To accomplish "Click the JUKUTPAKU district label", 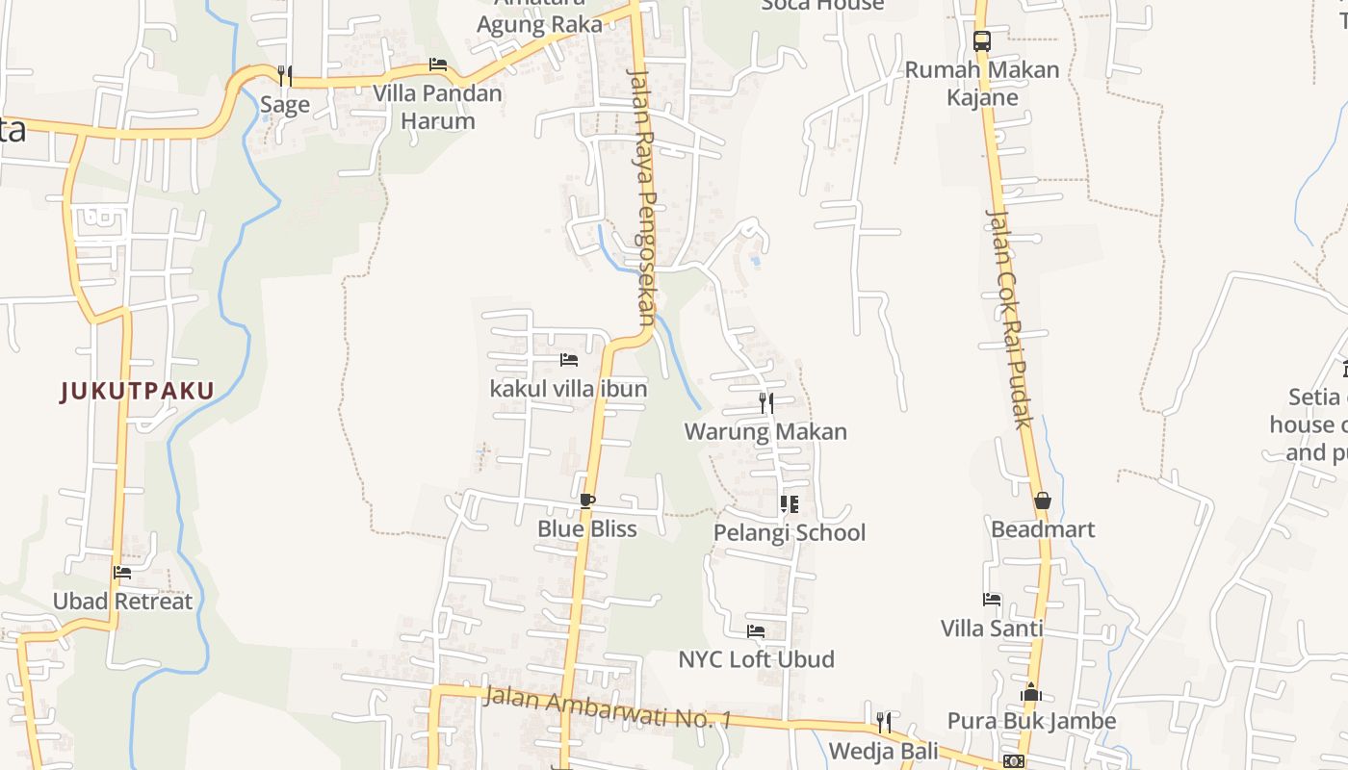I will click(137, 391).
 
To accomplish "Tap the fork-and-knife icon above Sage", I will click(285, 75).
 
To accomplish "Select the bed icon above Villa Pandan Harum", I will click(438, 65).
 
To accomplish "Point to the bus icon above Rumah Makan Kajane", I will click(982, 41).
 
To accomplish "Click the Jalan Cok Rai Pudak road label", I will click(1009, 318).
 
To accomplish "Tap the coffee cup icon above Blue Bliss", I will click(587, 500).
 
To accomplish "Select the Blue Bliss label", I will click(587, 528).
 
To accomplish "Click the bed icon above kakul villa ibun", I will click(569, 360).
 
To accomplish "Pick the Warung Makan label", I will click(765, 431).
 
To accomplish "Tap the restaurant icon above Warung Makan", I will click(766, 402).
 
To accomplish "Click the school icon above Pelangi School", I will click(790, 504).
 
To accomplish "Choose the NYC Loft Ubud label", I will click(757, 659).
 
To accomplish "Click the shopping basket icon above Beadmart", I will click(1042, 500).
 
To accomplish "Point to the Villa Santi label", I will click(992, 629).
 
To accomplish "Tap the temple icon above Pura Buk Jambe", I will click(1031, 692).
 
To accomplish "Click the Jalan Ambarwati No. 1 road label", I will click(608, 706).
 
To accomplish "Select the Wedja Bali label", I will click(883, 750).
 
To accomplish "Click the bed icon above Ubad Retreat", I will click(122, 572).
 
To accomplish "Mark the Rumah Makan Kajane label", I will click(982, 84).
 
